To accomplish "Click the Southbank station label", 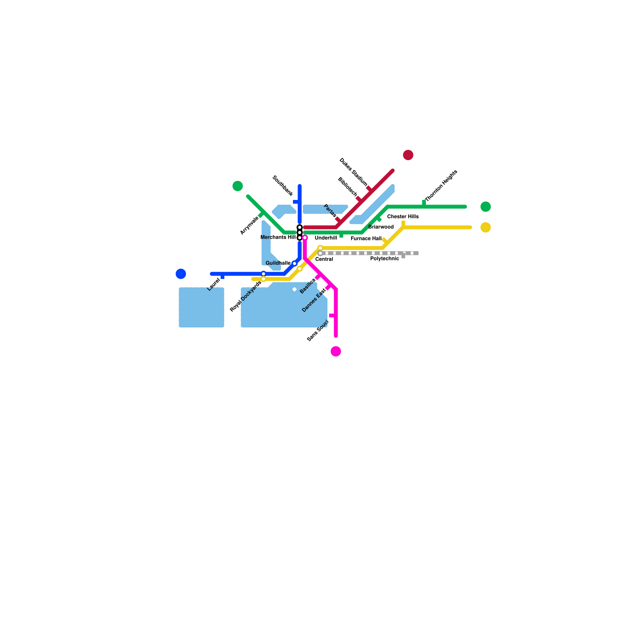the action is [282, 186].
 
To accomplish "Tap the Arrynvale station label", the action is [249, 226].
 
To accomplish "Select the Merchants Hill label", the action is [278, 237].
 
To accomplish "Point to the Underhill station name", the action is [326, 238].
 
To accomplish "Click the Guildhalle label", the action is [278, 263].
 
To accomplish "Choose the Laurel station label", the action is [214, 284].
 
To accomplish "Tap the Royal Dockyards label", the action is [245, 296].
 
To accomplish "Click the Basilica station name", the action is [308, 286].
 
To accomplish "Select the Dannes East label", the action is [314, 300].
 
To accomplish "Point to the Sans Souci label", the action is [318, 331].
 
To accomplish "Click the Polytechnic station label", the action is [384, 258].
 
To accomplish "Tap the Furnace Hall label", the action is [366, 239].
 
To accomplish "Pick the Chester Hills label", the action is [403, 217].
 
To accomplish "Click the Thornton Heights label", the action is [441, 186].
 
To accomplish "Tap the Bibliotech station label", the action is [347, 186].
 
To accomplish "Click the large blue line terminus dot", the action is [181, 274].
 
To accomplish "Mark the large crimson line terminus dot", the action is [408, 155].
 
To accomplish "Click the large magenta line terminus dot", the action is [336, 351].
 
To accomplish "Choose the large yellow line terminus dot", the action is [486, 227].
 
